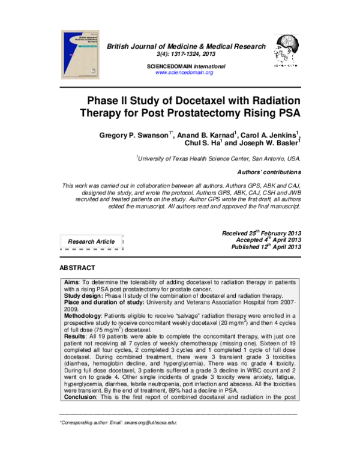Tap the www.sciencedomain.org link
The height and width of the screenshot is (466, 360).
[x=184, y=72]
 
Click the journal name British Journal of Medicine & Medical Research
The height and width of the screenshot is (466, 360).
[x=185, y=46]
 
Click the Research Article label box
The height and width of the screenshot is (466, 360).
[x=91, y=241]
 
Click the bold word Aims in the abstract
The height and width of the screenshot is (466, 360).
[x=72, y=282]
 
